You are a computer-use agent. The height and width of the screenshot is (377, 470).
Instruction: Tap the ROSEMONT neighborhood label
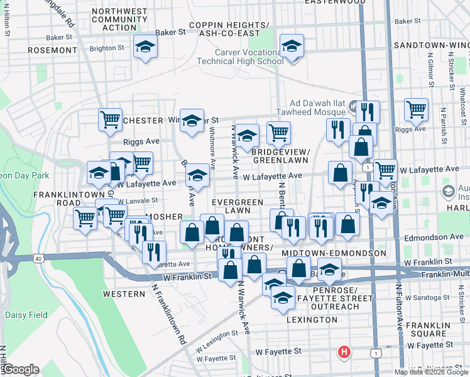point(52,50)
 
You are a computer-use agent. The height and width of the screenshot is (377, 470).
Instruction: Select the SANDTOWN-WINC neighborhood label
point(430,46)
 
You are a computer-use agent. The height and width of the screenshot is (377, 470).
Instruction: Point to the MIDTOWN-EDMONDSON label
point(334,253)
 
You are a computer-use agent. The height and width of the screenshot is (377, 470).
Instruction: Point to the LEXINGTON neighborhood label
point(312,320)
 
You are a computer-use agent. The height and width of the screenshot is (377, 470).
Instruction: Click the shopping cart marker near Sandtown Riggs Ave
point(416,109)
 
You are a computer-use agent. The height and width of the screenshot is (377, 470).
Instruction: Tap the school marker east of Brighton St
point(145,47)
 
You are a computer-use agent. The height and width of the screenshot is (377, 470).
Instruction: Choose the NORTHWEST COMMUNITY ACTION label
point(114,19)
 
